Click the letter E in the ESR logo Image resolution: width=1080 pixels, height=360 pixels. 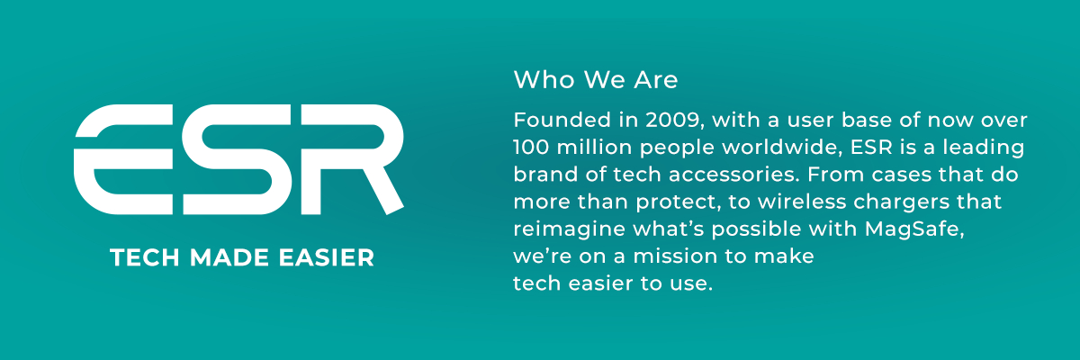click(123, 159)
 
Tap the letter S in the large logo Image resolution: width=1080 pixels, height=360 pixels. click(237, 159)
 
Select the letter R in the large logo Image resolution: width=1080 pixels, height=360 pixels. click(353, 159)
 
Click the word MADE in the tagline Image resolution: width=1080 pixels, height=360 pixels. click(229, 257)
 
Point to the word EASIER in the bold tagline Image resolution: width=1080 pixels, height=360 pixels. click(327, 257)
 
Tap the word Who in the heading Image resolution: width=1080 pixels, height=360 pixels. click(544, 79)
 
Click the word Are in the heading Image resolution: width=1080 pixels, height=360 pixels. click(656, 79)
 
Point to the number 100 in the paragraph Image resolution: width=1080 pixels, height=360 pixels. click(531, 148)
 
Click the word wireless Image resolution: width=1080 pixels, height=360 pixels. click(802, 202)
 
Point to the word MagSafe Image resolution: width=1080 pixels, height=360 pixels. click(914, 229)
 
